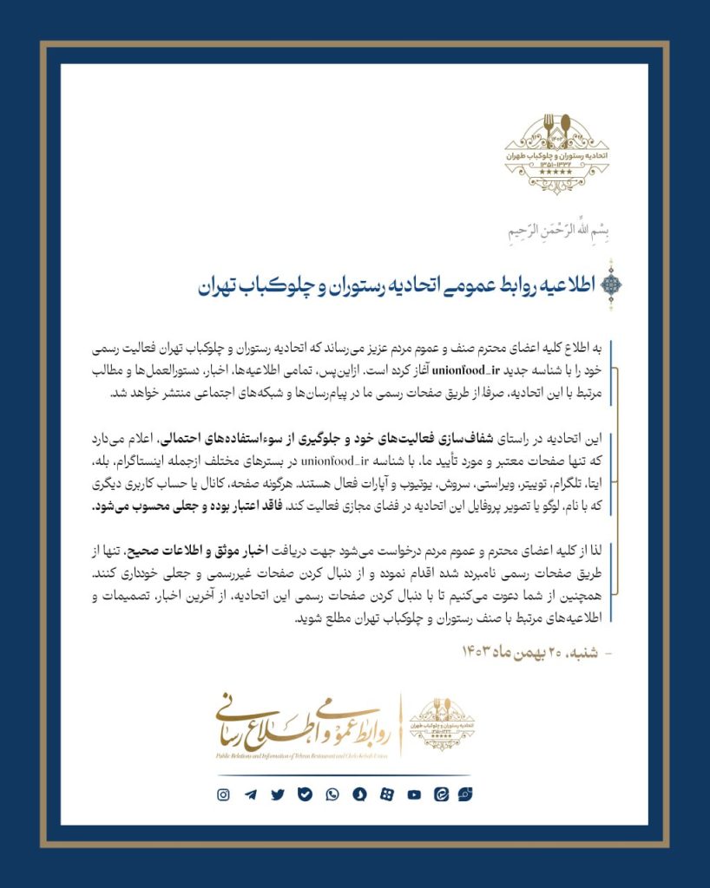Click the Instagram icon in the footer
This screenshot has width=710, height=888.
pos(223,794)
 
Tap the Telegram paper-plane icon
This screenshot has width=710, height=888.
pos(250,794)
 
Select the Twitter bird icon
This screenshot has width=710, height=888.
pos(278,794)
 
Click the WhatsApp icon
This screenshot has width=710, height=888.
pos(332,794)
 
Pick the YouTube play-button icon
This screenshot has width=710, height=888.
pos(414,794)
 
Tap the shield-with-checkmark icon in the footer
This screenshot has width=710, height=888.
pos(305,794)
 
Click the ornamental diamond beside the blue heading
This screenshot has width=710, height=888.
pos(611,282)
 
